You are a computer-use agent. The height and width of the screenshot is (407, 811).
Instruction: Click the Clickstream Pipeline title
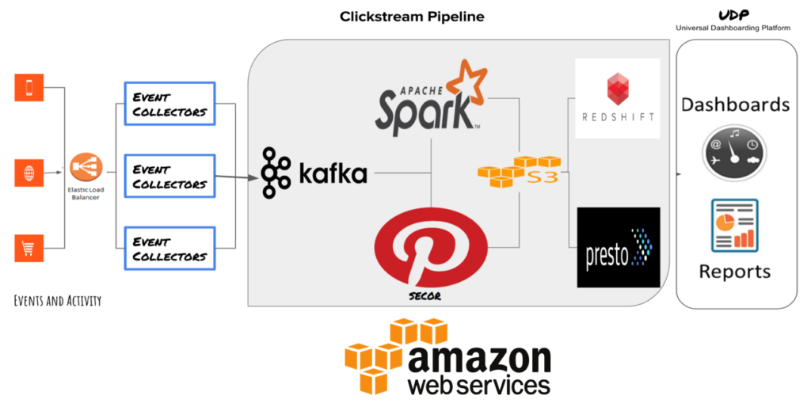(x=412, y=16)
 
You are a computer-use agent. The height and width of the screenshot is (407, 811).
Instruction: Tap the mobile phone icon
(x=29, y=87)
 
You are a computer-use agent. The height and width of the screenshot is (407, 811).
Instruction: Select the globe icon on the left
(x=29, y=172)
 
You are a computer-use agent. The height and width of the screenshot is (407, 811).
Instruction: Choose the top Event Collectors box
(x=169, y=104)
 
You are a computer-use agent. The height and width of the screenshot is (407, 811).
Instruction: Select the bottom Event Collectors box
(x=169, y=249)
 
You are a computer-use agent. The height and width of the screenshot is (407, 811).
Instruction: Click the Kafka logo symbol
(x=276, y=172)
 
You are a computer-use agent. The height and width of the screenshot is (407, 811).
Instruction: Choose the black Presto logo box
(x=618, y=247)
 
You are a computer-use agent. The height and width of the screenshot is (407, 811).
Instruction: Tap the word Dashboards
(x=735, y=105)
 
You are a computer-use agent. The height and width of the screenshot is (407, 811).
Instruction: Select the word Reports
(x=734, y=272)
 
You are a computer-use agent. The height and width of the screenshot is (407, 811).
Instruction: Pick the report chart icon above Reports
(x=733, y=225)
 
